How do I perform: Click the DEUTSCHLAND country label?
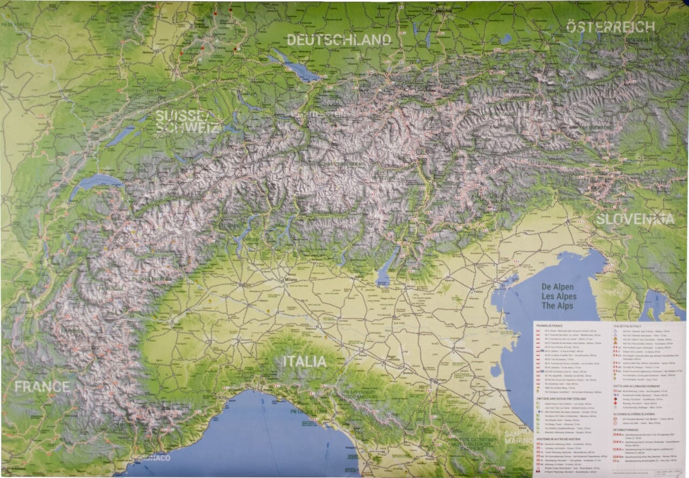click(x=339, y=40)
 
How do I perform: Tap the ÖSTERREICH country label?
click(x=610, y=27)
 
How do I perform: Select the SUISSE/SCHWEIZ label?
click(x=187, y=122)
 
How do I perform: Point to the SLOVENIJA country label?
click(x=635, y=219)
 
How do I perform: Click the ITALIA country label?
click(x=305, y=361)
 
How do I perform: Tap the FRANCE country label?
click(x=42, y=386)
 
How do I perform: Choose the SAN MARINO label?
click(x=515, y=437)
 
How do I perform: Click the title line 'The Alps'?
click(x=558, y=306)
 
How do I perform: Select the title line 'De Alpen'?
click(x=558, y=287)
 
